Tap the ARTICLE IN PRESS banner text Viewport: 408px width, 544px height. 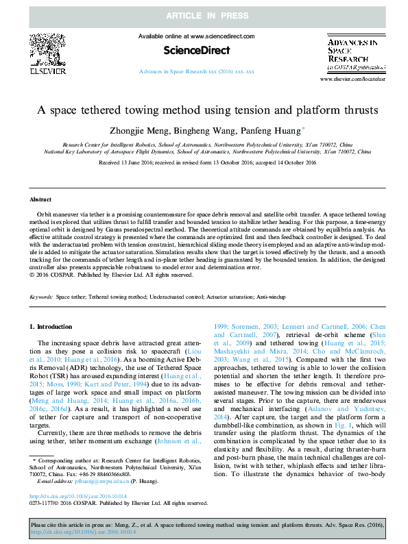tap(204, 14)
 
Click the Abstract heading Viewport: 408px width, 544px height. tap(40, 199)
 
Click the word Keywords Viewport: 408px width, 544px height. tap(41, 298)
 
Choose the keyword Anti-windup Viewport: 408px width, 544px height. tap(272, 298)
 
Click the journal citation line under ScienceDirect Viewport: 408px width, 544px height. tap(196, 71)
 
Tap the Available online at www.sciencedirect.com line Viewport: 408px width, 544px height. tap(196, 36)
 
